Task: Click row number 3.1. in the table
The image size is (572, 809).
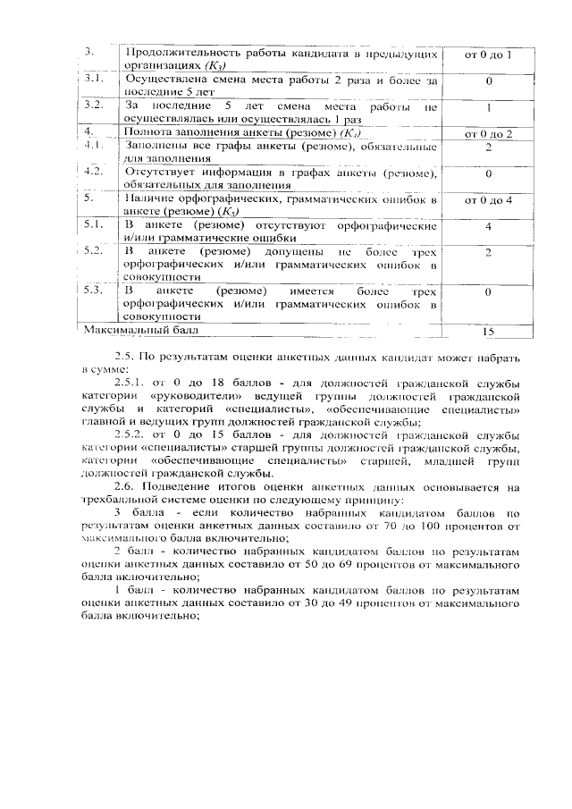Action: click(x=89, y=80)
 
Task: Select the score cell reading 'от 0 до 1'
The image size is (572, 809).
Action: click(x=488, y=55)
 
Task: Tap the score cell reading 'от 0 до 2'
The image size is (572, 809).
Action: click(x=488, y=133)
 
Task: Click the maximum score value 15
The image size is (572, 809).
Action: click(x=488, y=332)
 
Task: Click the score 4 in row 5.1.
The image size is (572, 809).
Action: click(x=488, y=227)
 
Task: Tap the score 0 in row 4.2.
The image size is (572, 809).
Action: click(x=488, y=173)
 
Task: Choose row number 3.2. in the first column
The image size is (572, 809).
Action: click(x=90, y=106)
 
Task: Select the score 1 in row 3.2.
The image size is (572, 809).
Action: click(x=488, y=107)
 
